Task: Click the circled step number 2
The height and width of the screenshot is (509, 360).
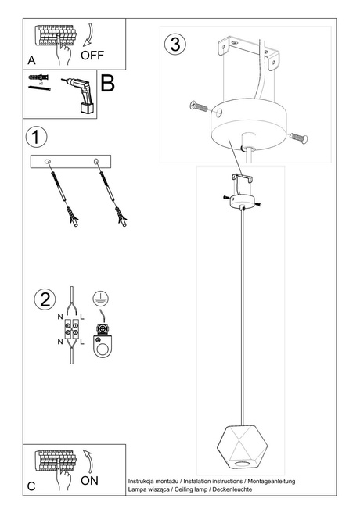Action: pos(45,299)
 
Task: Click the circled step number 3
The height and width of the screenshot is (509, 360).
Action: pos(175,44)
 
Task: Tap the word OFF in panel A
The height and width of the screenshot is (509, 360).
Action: pos(92,55)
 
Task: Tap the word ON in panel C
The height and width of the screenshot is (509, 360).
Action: pos(89,481)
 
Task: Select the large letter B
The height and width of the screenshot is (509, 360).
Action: pos(108,84)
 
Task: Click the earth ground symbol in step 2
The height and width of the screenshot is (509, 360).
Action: pos(99,297)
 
